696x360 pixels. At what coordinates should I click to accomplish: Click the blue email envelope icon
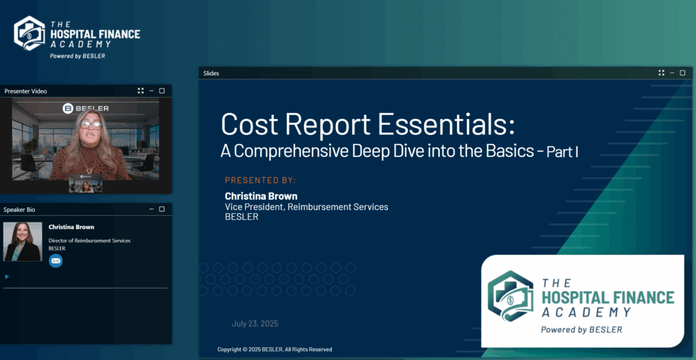[x=56, y=261]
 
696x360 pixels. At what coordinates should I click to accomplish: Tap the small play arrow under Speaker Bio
[x=7, y=276]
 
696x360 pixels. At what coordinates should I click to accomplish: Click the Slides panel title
[x=211, y=73]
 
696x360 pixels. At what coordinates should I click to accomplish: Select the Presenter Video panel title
[x=26, y=91]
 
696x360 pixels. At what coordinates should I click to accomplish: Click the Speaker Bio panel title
[x=19, y=209]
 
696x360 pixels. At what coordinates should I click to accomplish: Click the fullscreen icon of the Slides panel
[x=661, y=73]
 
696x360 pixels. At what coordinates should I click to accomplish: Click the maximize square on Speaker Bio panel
[x=162, y=209]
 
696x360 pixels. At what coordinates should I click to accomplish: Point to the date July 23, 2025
[x=255, y=323]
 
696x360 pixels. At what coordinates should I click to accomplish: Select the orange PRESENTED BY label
[x=260, y=180]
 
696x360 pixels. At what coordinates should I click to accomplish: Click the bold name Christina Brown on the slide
[x=261, y=196]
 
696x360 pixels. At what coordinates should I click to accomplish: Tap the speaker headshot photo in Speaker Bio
[x=22, y=242]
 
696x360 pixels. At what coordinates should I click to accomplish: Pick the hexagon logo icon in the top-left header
[x=29, y=33]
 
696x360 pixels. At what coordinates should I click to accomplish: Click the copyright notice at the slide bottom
[x=275, y=349]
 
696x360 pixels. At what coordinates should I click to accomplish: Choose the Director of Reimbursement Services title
[x=89, y=240]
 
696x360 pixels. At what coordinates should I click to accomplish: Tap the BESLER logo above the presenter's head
[x=86, y=108]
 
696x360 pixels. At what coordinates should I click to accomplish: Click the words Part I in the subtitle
[x=561, y=153]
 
